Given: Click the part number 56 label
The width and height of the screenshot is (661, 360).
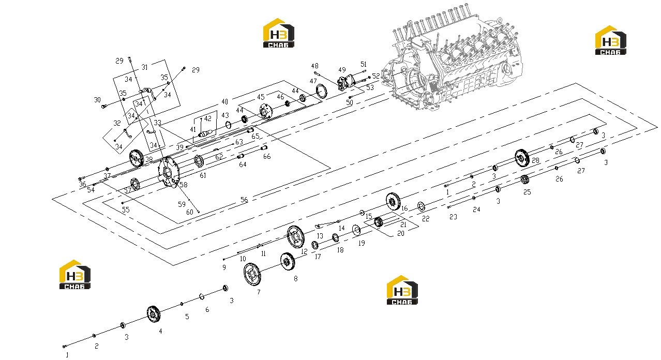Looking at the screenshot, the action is coord(244,200).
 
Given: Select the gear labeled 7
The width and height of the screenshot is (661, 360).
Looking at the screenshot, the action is coord(252,274).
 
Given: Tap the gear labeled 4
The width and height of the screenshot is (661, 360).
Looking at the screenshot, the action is coord(154,314).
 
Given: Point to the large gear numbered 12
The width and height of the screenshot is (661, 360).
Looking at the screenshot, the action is coord(296,237).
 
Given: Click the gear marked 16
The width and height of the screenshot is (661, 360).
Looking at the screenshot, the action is coord(393,202).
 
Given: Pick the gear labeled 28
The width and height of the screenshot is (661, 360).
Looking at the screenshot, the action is coord(522,158).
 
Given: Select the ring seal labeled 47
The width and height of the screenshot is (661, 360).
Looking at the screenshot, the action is coord(321,92).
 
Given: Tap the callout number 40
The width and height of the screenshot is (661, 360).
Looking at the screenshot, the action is coord(224,102).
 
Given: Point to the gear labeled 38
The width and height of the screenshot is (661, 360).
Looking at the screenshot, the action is coord(137,158).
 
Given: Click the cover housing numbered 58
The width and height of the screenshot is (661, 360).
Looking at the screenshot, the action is coord(169,172).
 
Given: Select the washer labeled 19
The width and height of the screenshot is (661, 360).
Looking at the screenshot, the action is coord(356,230).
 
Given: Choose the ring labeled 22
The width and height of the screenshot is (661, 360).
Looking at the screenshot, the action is coord(421,206).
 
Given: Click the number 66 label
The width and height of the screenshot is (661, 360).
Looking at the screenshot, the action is coord(267,156).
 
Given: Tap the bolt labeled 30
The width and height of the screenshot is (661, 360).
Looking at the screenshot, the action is coord(103,106).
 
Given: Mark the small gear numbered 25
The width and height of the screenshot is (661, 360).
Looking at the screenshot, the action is coord(524,179).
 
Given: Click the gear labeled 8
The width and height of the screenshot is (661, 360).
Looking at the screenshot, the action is coord(288,261).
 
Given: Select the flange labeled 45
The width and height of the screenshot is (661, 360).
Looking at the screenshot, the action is coord(266,111).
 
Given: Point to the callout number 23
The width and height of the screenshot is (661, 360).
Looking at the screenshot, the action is coord(453,217).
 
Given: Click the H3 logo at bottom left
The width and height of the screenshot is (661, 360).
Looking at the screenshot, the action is coord(74,275).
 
